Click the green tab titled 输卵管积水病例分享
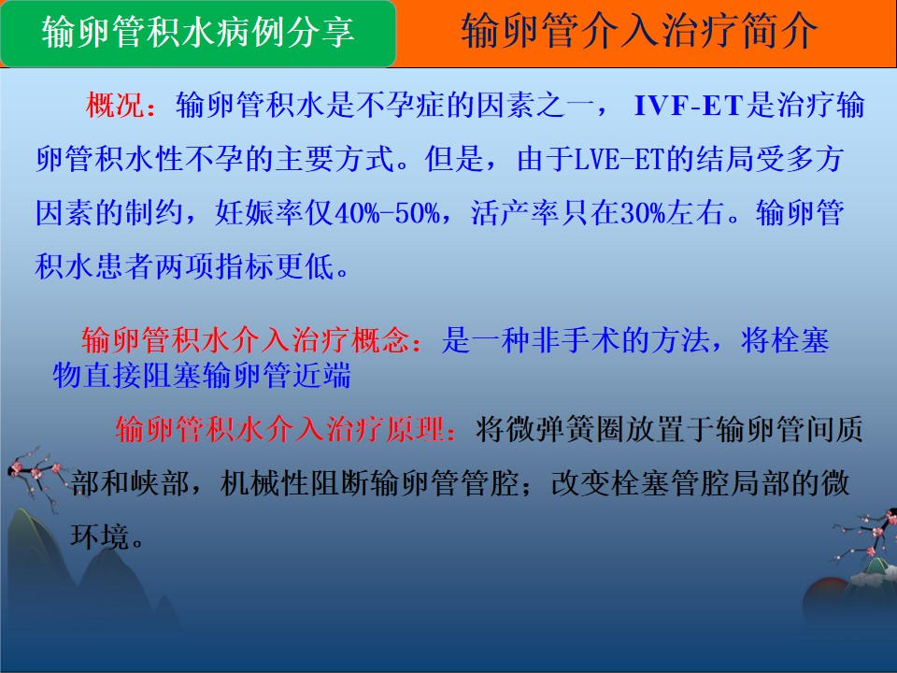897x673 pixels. pos(198,34)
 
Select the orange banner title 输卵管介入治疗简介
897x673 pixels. pos(639,32)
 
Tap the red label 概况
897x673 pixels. pos(116,106)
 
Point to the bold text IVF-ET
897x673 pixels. pos(689,106)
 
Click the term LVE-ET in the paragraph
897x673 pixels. pos(618,159)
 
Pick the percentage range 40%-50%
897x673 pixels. pos(387,213)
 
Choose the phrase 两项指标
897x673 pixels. pos(214,266)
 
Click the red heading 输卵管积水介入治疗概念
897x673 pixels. pos(246,340)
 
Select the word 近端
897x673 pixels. pos(321,376)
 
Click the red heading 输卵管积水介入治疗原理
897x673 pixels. pos(279,429)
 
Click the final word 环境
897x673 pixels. pos(100,537)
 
